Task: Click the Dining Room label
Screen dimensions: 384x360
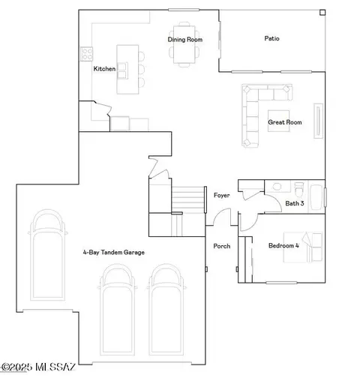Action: (x=184, y=39)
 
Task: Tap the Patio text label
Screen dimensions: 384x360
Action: (x=272, y=39)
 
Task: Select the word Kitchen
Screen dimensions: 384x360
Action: (x=104, y=69)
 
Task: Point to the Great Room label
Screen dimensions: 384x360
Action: (x=284, y=121)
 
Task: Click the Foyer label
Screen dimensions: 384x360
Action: (x=221, y=195)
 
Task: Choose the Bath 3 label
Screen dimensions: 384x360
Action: (x=294, y=203)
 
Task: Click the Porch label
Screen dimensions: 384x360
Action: (x=222, y=246)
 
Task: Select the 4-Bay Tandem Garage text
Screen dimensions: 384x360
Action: (x=114, y=253)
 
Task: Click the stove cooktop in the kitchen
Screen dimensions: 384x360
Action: (x=85, y=53)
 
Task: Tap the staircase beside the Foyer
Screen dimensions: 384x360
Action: (x=189, y=200)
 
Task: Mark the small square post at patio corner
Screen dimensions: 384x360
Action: (x=322, y=13)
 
